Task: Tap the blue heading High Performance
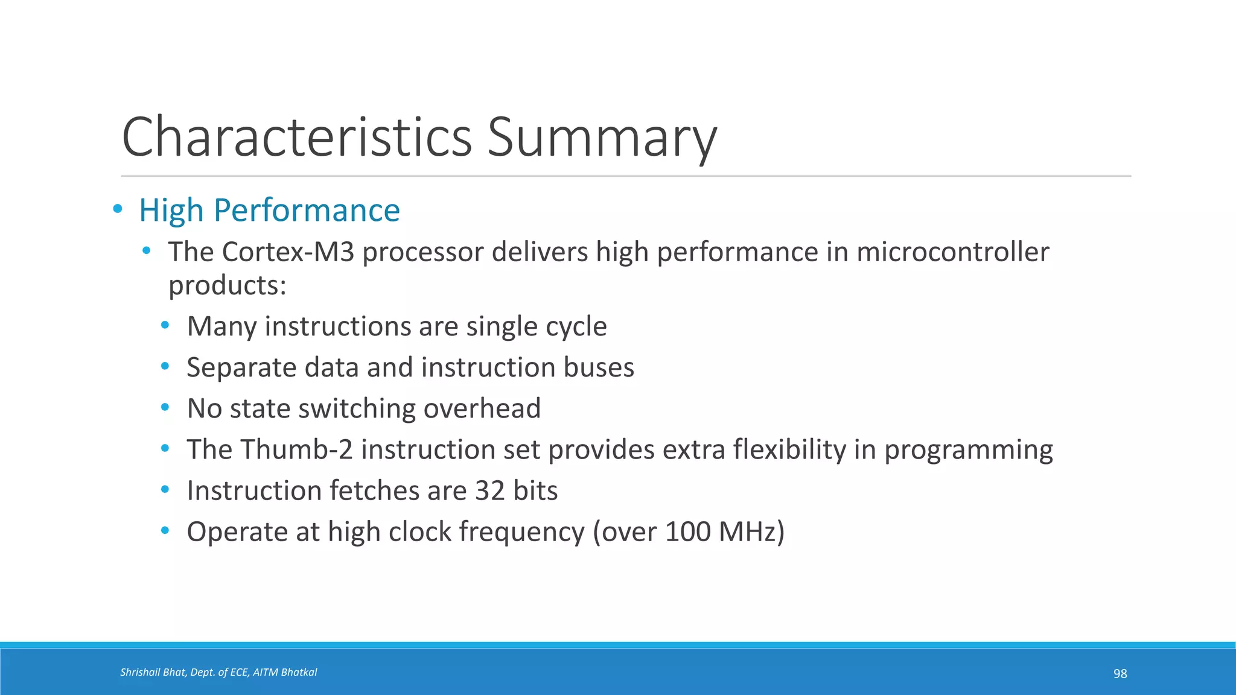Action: (269, 211)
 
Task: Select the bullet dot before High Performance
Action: (118, 209)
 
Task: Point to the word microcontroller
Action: (952, 252)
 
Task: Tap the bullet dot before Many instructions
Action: (165, 326)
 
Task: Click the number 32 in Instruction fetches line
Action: (489, 490)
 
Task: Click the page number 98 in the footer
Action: (1120, 674)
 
